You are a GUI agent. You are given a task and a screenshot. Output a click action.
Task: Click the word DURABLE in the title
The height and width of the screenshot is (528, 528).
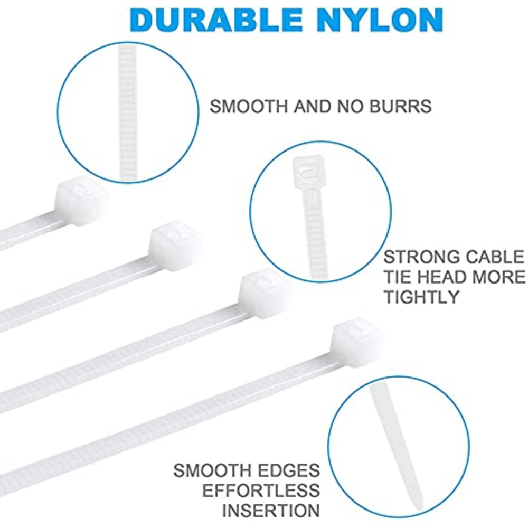tap(216, 20)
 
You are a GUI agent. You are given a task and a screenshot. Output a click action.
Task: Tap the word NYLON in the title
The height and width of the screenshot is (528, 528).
tap(380, 20)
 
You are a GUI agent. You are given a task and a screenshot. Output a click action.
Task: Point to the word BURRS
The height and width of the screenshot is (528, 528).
tap(400, 107)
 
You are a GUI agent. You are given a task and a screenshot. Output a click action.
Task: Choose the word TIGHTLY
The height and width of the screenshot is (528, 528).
tap(421, 297)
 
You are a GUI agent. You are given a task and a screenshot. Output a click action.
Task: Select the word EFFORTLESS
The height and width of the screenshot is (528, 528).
tap(261, 491)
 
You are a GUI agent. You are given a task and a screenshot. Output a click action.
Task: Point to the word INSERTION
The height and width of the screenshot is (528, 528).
tap(271, 511)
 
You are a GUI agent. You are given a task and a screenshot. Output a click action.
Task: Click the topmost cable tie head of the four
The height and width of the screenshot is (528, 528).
tap(81, 201)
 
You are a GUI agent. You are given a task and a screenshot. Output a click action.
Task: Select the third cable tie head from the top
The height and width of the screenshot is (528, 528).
tap(265, 293)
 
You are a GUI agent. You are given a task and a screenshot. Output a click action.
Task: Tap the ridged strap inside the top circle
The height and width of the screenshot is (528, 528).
tap(128, 113)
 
